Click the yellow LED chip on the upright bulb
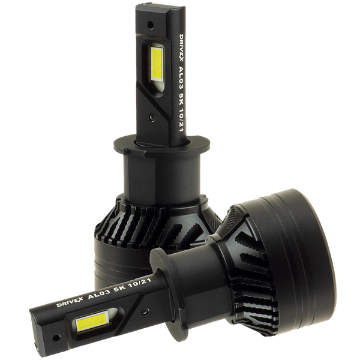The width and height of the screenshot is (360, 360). coord(157,62)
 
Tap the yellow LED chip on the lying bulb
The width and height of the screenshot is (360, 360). coord(92,322)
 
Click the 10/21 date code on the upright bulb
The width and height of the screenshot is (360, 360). coord(181,121)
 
